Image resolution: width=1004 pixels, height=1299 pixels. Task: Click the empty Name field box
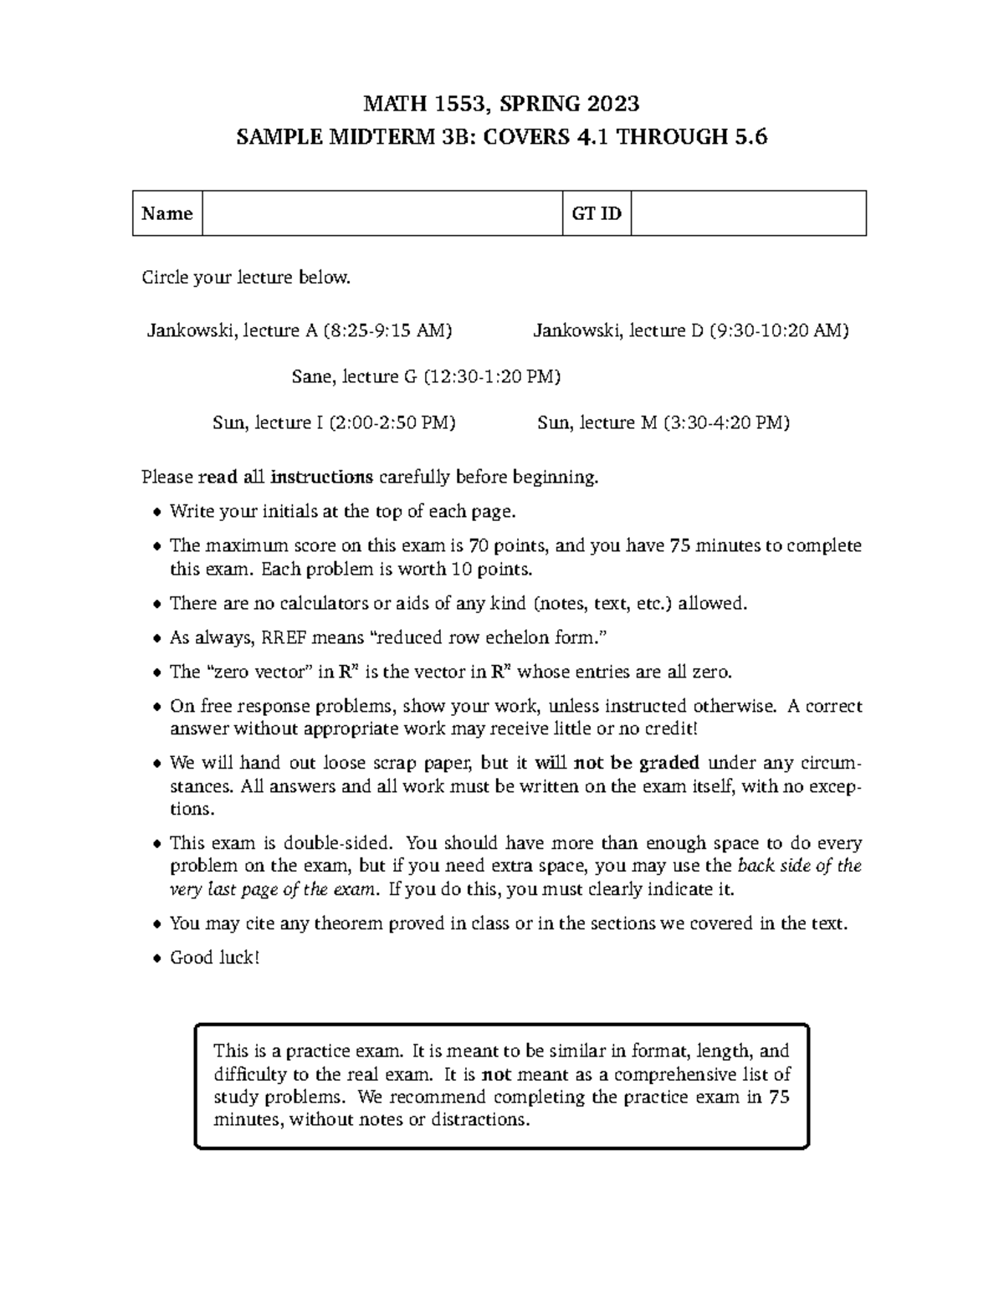point(382,213)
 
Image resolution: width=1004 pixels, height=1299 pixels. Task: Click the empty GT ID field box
point(748,213)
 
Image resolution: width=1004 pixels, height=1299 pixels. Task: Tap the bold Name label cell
point(167,213)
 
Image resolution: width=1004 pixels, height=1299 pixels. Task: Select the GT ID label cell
point(597,213)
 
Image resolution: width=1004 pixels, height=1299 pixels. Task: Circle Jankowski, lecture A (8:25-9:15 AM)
point(300,330)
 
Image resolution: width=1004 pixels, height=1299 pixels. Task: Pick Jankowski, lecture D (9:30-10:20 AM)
point(691,330)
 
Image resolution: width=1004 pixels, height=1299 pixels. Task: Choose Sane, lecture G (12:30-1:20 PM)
point(426,376)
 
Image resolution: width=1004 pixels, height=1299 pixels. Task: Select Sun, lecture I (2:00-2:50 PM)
point(335,422)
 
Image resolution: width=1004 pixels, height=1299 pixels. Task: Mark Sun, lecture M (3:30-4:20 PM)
point(663,422)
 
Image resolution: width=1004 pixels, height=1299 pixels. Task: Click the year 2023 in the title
point(612,104)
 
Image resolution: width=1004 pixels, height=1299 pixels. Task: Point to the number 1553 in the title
point(455,104)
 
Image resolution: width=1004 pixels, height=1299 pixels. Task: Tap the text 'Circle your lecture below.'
point(246,278)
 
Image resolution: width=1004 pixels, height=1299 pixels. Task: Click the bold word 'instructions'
point(321,478)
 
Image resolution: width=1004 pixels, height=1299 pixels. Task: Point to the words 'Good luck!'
point(215,958)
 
